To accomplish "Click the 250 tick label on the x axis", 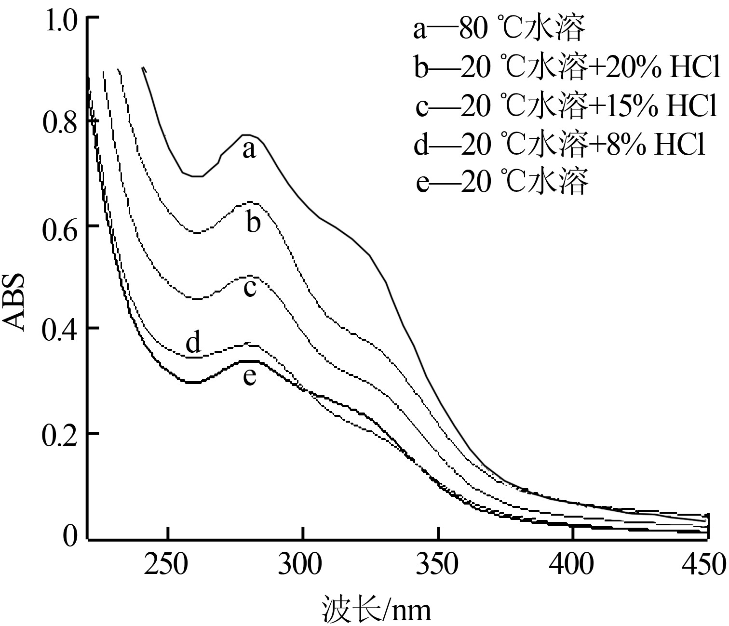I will [x=167, y=564].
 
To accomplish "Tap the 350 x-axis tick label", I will [x=438, y=564].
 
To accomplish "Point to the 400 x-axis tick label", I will [x=573, y=564].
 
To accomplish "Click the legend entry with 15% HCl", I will [x=567, y=107].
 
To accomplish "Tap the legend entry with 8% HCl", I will [x=559, y=145].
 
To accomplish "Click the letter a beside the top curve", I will [x=248, y=150].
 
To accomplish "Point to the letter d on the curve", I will [x=193, y=343].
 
